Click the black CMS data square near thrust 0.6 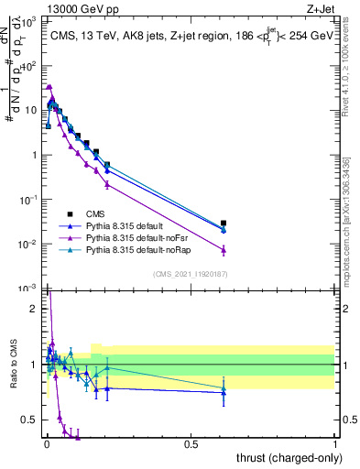[x=224, y=223]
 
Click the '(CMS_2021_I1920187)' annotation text [x=191, y=272]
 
